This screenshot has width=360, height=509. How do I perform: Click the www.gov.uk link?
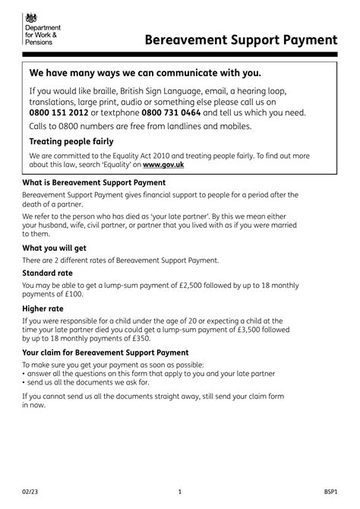pos(163,164)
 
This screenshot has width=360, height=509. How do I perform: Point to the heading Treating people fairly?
pos(71,141)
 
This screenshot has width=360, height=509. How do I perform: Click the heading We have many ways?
pos(144,74)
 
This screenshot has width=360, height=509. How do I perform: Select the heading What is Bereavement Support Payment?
pos(94,183)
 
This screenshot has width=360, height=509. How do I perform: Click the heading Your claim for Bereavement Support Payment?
pos(105,353)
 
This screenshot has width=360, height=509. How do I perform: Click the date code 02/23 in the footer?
pos(30,492)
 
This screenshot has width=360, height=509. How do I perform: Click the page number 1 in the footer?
pos(179,492)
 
